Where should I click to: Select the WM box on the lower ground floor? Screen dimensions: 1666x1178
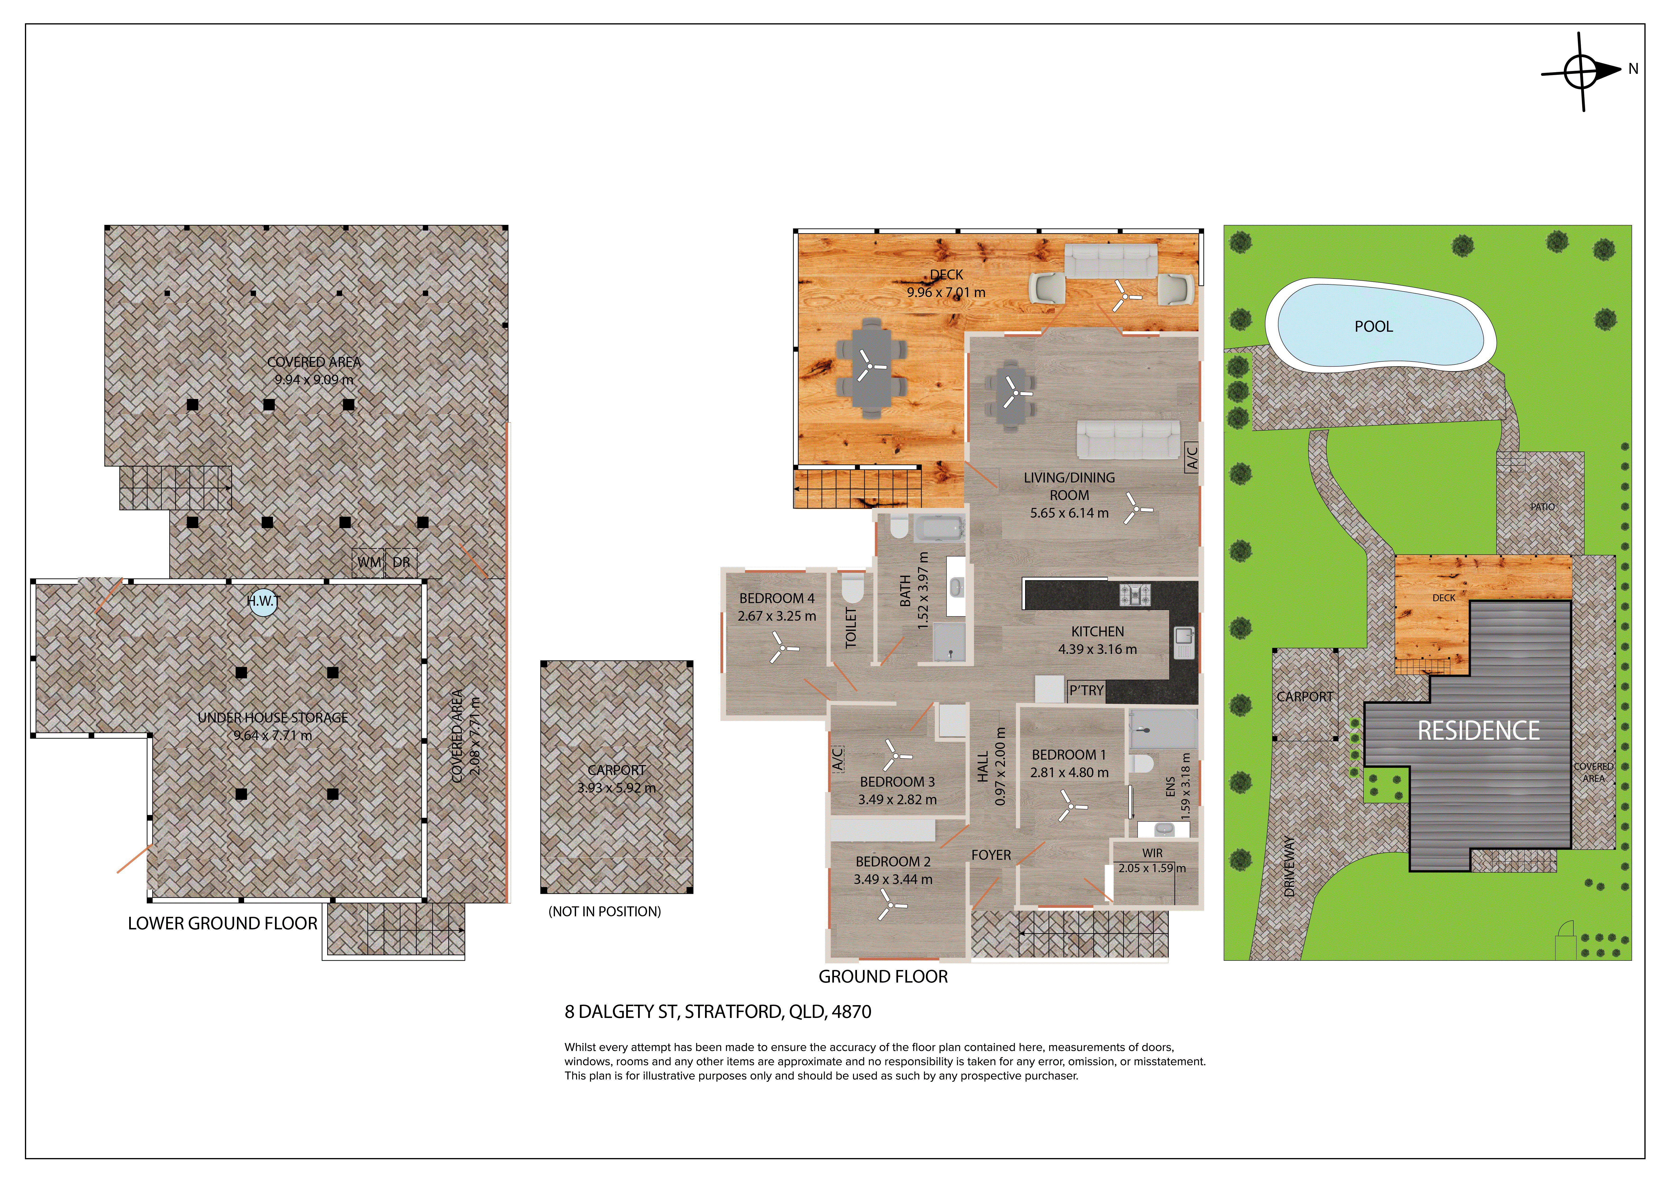(369, 563)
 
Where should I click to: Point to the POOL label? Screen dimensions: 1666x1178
(1374, 327)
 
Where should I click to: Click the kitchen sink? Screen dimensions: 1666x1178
(1184, 642)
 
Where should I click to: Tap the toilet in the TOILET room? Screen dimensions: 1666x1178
(853, 588)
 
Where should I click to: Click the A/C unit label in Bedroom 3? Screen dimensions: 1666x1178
(837, 758)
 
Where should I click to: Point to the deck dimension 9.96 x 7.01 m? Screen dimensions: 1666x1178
(946, 293)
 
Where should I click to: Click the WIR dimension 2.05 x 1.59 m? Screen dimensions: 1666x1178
(1152, 868)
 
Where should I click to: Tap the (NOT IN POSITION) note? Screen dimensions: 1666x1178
(604, 912)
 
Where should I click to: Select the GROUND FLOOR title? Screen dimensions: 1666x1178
(883, 977)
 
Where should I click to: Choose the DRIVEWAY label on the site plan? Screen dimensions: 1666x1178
(1289, 867)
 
